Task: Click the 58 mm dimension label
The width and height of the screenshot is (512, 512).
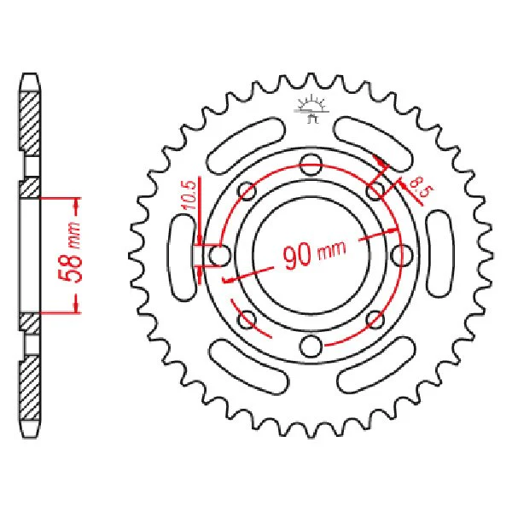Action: [x=70, y=252]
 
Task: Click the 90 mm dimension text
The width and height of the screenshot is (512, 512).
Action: [x=314, y=254]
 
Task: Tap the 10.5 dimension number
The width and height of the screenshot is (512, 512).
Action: [x=189, y=194]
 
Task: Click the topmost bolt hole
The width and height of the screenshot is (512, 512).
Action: [x=311, y=164]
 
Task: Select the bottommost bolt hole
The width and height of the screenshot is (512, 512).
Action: [x=311, y=346]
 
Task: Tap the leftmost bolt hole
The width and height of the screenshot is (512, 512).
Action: [x=219, y=255]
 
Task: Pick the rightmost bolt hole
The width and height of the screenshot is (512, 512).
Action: [x=402, y=255]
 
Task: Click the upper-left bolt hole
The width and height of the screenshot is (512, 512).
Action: [x=247, y=191]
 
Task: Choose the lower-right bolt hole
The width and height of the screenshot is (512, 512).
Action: [x=375, y=319]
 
